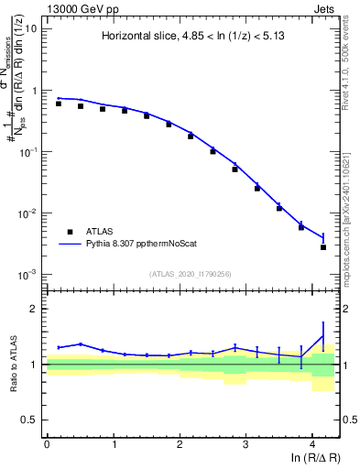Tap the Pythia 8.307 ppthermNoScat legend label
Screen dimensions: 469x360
click(x=143, y=245)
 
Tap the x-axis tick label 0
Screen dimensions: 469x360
click(x=47, y=442)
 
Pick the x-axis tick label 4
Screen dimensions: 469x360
click(x=312, y=442)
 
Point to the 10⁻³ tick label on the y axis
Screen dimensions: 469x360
click(x=27, y=275)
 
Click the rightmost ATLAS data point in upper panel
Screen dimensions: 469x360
click(x=323, y=247)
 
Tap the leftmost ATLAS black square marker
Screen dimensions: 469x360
click(x=59, y=104)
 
